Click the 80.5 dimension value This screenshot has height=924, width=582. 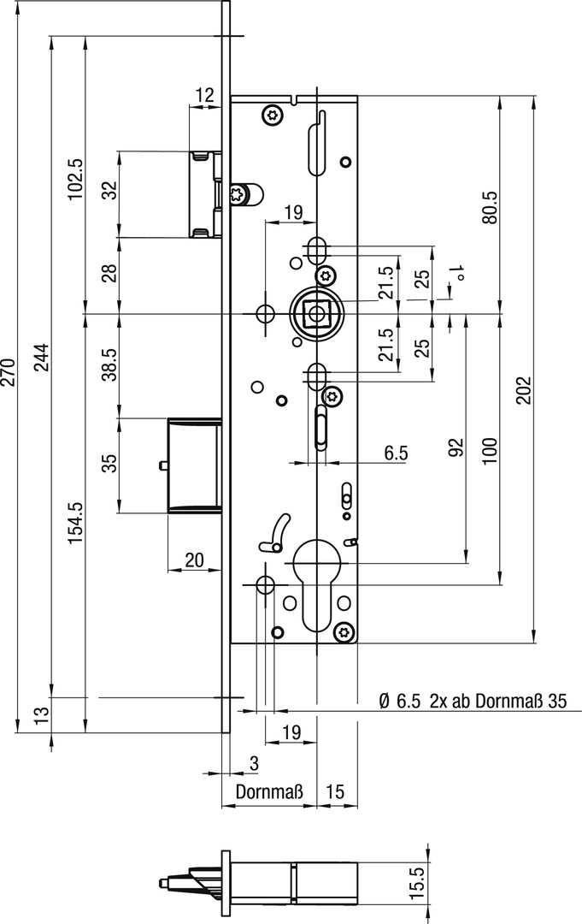pyautogui.click(x=490, y=206)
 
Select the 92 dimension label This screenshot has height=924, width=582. pyautogui.click(x=456, y=447)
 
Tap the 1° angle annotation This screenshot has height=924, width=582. pyautogui.click(x=459, y=275)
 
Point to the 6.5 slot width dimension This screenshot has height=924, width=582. pyautogui.click(x=396, y=453)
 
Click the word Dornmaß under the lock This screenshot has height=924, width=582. pyautogui.click(x=270, y=792)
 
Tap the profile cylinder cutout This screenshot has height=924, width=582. pyautogui.click(x=318, y=582)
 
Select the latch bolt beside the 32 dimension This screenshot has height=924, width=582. pyautogui.click(x=205, y=193)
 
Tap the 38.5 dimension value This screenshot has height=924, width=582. pyautogui.click(x=110, y=365)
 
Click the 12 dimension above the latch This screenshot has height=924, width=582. pyautogui.click(x=204, y=95)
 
